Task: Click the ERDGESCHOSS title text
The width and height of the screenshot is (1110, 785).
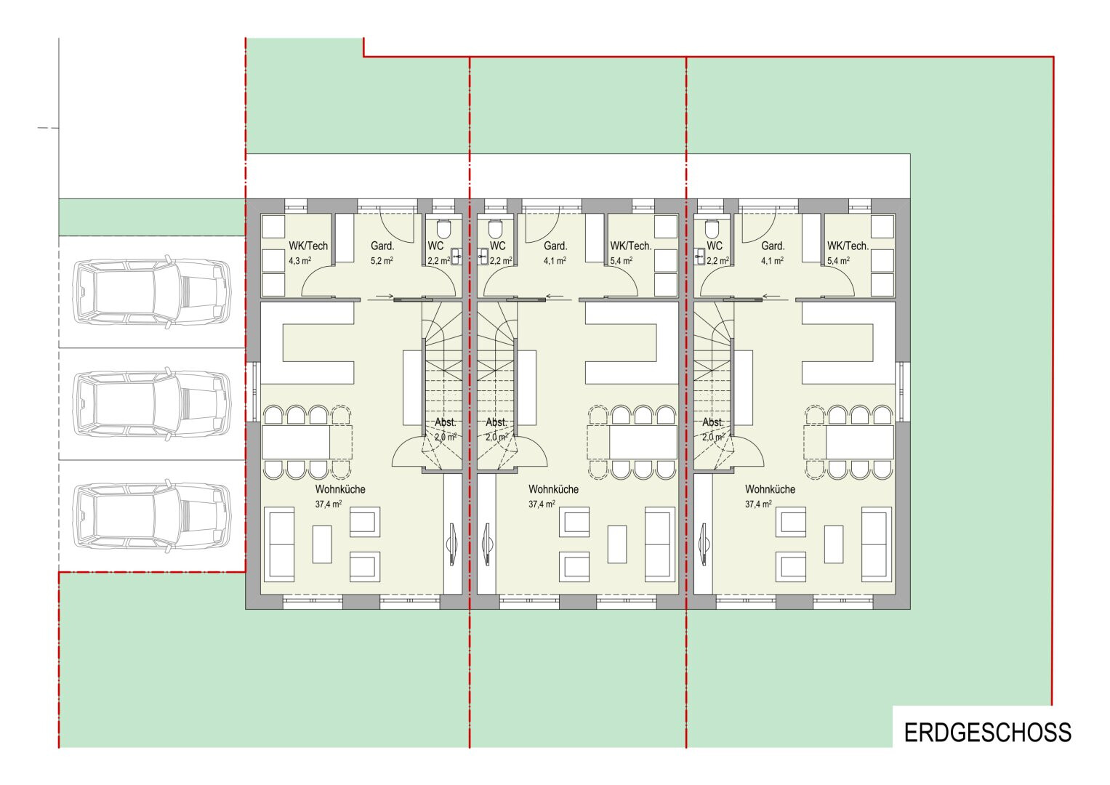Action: coord(987,733)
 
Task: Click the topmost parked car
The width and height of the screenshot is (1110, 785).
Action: coord(152,291)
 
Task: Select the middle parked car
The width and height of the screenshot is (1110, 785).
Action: coord(152,403)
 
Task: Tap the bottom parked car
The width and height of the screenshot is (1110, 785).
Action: coord(152,515)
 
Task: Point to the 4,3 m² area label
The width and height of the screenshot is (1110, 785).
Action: coord(299,260)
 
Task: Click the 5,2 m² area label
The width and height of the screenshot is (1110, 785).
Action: coord(382,260)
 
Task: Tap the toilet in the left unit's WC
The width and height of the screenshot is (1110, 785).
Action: coord(443,229)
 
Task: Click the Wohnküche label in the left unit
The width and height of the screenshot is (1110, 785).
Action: coord(340,489)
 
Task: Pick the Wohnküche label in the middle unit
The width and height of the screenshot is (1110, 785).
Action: coord(553,489)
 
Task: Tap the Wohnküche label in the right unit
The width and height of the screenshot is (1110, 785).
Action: coord(770,489)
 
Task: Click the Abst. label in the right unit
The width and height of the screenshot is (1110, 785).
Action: coord(713,422)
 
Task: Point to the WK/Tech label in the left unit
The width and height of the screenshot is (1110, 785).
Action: coord(308,246)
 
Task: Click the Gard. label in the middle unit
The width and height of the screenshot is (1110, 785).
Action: coord(555,246)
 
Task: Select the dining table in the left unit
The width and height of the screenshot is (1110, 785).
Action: coord(296,442)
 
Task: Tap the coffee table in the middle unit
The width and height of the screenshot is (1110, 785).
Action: coord(617,544)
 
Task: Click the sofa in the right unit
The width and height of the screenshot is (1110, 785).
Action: coord(877,544)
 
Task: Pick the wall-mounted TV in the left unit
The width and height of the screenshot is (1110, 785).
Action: coord(452,544)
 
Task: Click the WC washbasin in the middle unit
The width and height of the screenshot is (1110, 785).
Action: coord(483,257)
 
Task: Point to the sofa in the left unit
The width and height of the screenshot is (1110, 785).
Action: coord(279,544)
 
